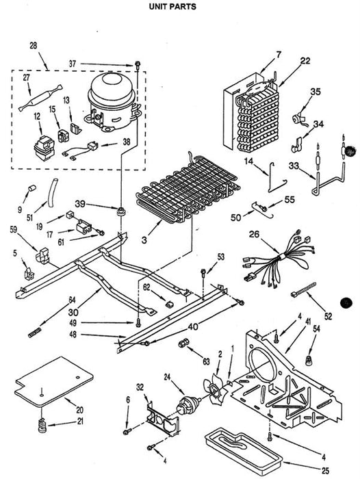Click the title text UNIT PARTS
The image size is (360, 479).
172,6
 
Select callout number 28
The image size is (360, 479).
34,46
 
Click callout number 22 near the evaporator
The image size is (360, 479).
305,61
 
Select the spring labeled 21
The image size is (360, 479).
42,425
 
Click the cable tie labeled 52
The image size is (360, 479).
303,289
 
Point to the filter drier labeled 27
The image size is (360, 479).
40,98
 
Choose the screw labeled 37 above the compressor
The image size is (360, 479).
138,65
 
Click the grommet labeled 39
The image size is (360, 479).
122,211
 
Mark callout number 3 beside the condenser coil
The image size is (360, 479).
144,239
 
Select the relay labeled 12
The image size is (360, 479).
44,148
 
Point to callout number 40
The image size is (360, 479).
193,327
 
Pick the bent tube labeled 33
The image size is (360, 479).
329,180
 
